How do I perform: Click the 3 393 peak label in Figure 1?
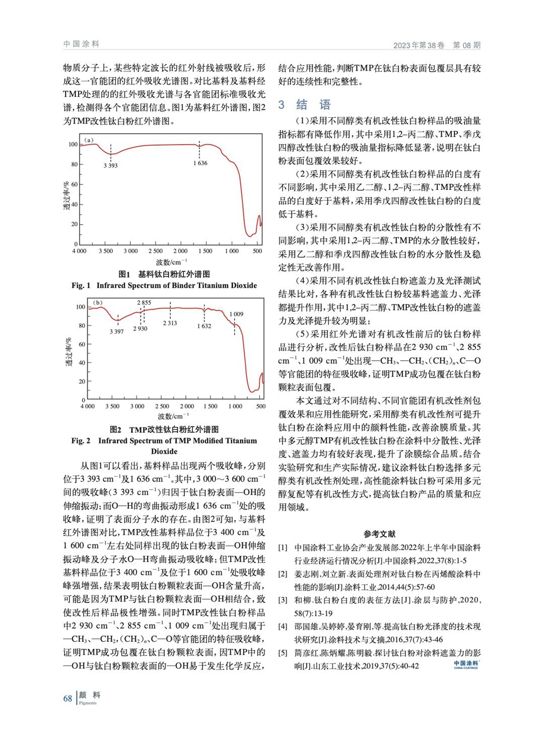[x=111, y=165]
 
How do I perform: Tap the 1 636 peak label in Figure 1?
[x=200, y=163]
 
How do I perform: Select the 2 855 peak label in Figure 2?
[x=144, y=302]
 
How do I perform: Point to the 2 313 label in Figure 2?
[x=170, y=323]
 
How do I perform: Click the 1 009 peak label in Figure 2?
[x=236, y=314]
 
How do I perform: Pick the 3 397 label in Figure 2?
[x=116, y=331]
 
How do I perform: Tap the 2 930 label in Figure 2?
[x=140, y=328]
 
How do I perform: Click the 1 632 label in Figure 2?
[x=204, y=326]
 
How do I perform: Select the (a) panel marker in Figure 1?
[x=89, y=140]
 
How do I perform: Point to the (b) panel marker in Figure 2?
[x=98, y=303]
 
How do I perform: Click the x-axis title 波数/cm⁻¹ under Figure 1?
[x=171, y=262]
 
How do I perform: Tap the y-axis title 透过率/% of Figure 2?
[x=71, y=352]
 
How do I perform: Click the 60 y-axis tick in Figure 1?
[x=74, y=184]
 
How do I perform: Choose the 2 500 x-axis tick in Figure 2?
[x=162, y=406]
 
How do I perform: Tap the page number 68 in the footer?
[x=67, y=698]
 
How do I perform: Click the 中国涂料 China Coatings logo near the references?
[x=465, y=665]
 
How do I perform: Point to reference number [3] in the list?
[x=283, y=600]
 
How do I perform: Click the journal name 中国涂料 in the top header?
[x=82, y=44]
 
